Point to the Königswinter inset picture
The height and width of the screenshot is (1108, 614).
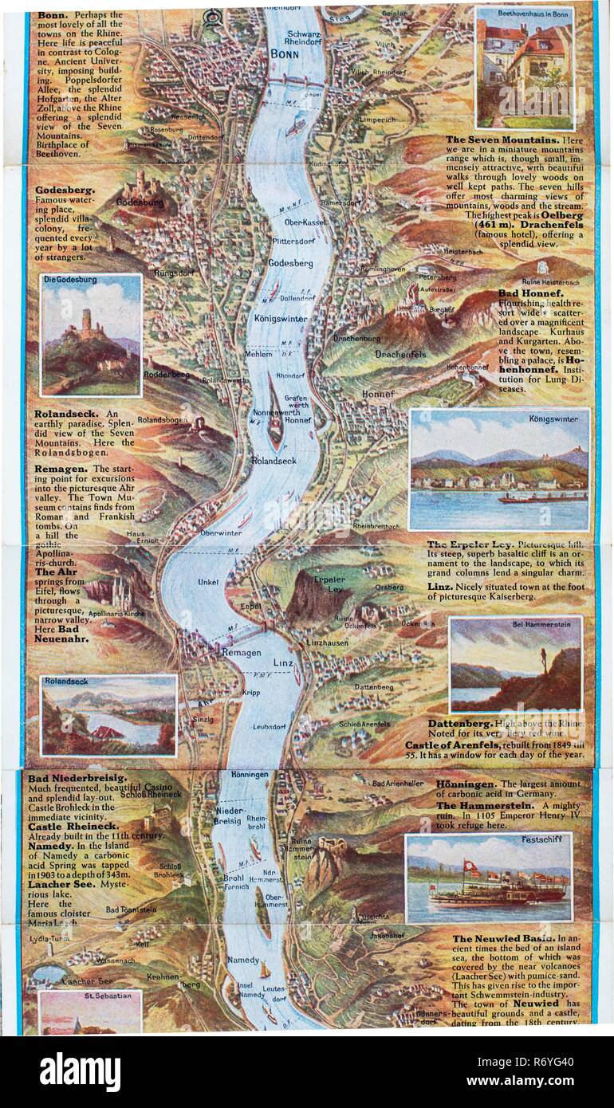point(500,470)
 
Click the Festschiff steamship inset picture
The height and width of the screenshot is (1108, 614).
point(488,878)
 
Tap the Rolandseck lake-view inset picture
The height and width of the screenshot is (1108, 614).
point(108,715)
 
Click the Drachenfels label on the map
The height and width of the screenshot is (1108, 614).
point(400,354)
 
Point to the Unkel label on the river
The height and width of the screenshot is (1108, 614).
point(208,582)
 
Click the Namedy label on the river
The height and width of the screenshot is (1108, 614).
point(242,961)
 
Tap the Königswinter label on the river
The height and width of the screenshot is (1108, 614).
point(286,316)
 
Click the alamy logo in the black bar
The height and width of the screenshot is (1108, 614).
point(80,1071)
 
